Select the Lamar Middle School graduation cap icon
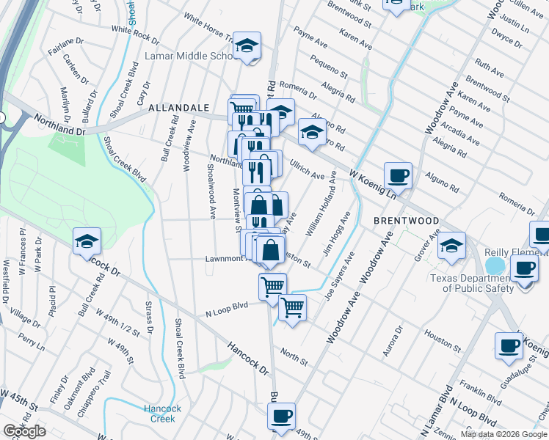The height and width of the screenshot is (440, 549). tap(247, 45)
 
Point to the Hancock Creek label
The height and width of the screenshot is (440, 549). tap(159, 414)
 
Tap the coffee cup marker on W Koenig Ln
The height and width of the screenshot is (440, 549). tap(398, 175)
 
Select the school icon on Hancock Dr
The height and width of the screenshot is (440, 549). tap(86, 241)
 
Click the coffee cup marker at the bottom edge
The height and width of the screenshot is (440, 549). tap(280, 417)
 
